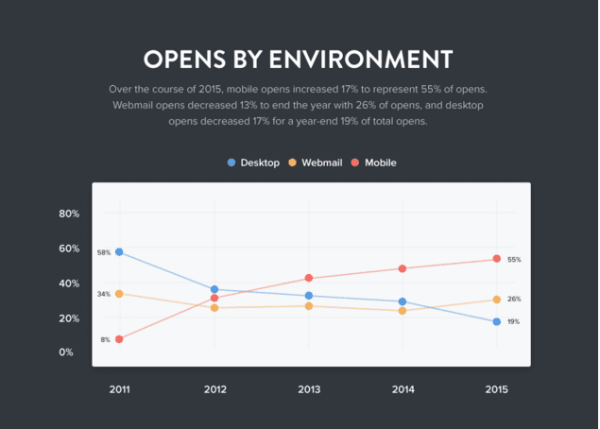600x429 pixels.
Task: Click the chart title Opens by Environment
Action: pos(299,59)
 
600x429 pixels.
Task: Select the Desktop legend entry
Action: pos(253,163)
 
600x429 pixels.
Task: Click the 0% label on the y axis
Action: pos(66,352)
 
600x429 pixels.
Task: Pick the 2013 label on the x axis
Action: pos(308,389)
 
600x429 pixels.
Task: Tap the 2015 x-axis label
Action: pos(496,389)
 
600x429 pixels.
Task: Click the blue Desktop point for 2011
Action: pos(119,252)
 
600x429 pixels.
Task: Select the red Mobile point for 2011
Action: pos(119,339)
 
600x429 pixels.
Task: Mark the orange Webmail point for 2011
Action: pos(119,294)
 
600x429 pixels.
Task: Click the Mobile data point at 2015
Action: pos(496,259)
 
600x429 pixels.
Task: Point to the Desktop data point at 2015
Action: pos(496,322)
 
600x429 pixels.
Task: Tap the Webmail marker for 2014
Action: pos(403,311)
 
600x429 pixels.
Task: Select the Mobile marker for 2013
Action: pos(308,278)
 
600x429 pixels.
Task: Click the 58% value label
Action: pos(103,252)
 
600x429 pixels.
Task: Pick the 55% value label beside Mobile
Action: pos(514,259)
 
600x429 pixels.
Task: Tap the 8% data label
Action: pos(105,339)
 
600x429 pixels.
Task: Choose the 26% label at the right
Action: pos(514,299)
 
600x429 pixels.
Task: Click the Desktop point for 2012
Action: pos(214,289)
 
